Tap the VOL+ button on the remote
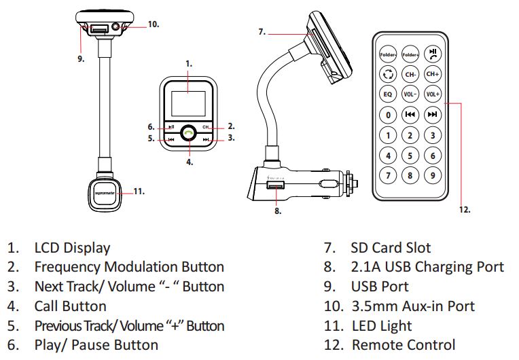tap(433, 94)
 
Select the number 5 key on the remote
tap(410, 156)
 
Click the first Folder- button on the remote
tap(388, 52)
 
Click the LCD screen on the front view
tap(190, 96)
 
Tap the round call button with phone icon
tap(190, 132)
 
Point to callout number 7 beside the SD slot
tap(262, 31)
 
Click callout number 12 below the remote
tap(464, 209)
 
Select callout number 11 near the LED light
tap(139, 192)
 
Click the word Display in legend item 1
tap(86, 248)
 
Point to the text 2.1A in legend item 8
tap(365, 267)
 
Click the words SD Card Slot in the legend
tap(391, 248)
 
